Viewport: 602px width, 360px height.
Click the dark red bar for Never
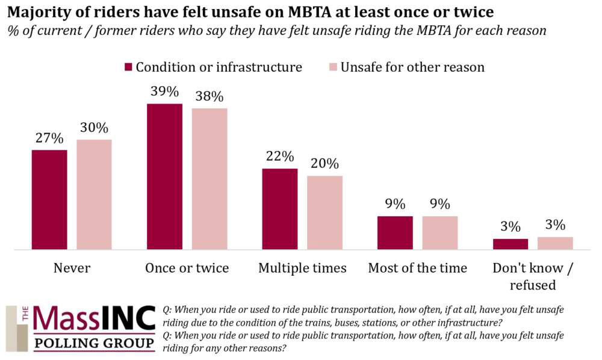click(49, 199)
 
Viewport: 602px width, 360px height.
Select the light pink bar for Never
click(94, 194)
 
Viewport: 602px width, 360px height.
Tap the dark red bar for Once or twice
click(164, 176)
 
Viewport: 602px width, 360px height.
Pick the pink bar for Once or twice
click(209, 179)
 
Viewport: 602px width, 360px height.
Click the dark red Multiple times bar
click(280, 209)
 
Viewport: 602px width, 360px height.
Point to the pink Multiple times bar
click(324, 213)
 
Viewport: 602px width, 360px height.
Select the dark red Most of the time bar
click(395, 232)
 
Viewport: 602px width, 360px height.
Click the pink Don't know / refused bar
click(555, 243)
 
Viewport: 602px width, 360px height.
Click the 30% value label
click(94, 128)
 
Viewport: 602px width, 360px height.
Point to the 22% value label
click(280, 157)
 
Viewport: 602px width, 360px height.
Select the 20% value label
click(324, 164)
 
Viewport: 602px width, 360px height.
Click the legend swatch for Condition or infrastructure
click(128, 67)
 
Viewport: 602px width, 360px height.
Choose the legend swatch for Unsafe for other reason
click(332, 67)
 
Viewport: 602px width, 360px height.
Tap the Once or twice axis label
click(187, 268)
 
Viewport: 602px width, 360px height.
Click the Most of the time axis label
click(417, 268)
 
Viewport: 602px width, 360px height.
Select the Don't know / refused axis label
click(532, 276)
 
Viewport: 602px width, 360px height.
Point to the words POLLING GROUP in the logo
click(93, 343)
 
